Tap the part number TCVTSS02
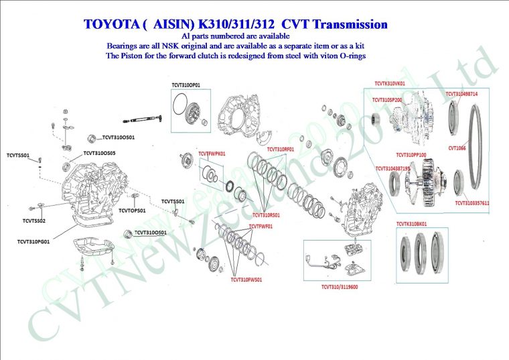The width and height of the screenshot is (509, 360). (x=33, y=220)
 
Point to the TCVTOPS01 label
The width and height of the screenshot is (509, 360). (x=132, y=211)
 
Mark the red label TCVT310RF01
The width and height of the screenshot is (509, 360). (x=281, y=148)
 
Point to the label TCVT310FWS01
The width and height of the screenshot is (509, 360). (x=246, y=280)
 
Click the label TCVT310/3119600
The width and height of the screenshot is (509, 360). (x=340, y=287)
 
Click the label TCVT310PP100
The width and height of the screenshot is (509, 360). (x=411, y=154)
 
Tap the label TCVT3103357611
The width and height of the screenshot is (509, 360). (x=472, y=202)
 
